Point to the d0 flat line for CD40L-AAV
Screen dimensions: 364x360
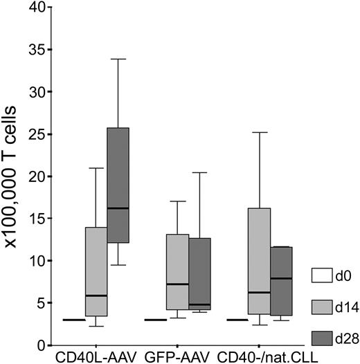click(73, 320)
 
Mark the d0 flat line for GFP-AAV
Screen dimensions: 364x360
click(156, 320)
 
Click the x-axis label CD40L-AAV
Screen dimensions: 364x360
click(93, 356)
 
